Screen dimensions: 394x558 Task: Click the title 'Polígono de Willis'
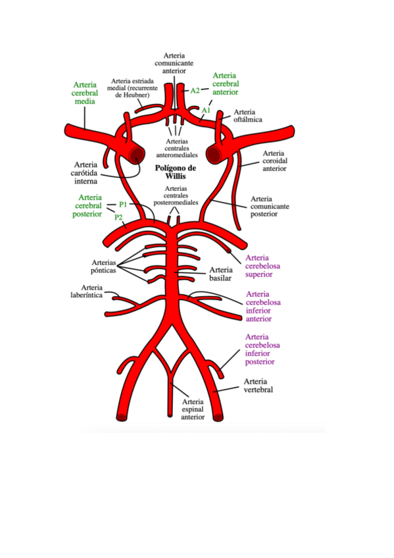pos(176,172)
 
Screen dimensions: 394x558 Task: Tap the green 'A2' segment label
pos(195,91)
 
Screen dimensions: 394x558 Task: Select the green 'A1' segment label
pos(206,111)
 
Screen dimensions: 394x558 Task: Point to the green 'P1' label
pos(123,204)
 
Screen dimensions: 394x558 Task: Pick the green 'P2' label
pos(118,217)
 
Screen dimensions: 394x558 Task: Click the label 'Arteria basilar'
pos(221,274)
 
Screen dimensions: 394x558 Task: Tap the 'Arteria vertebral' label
pos(258,386)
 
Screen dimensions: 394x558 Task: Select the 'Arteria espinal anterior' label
pos(193,409)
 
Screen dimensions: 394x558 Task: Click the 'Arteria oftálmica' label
pos(248,116)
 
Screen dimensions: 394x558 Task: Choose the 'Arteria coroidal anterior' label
pos(275,161)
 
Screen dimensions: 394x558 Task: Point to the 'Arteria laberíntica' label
pos(86,291)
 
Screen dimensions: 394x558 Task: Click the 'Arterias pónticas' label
pos(103,266)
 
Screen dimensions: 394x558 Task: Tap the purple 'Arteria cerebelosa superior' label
pos(262,266)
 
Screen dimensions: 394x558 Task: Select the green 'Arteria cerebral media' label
pos(85,93)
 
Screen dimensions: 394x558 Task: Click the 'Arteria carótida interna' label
pos(84,173)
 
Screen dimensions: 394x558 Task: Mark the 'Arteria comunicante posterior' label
pos(270,207)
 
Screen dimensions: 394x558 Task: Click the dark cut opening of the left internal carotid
pos(137,155)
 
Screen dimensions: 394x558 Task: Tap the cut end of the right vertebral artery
pos(218,417)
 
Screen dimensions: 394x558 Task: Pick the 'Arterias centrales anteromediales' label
pos(177,149)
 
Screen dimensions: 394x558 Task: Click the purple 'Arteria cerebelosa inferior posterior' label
pos(262,349)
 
